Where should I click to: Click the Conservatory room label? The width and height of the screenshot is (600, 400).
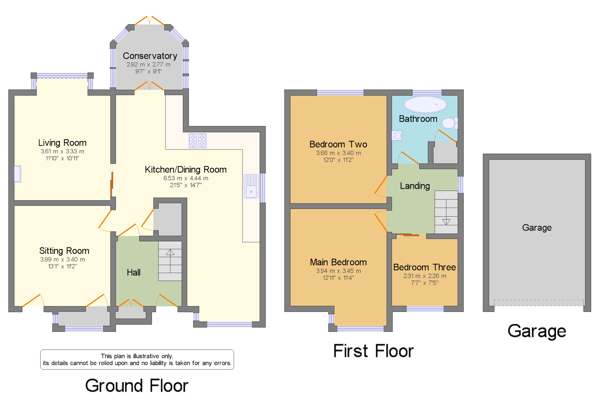[150, 56]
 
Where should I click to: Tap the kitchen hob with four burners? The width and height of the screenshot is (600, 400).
[198, 140]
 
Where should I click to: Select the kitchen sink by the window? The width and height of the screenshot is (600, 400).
[251, 186]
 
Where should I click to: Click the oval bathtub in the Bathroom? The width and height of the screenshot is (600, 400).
[425, 104]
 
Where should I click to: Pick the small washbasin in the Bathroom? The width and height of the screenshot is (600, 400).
[397, 135]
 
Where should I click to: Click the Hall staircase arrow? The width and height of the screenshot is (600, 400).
[170, 252]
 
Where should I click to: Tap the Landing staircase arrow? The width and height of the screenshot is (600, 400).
[446, 222]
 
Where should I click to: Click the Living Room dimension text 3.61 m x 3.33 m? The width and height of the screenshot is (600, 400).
[62, 151]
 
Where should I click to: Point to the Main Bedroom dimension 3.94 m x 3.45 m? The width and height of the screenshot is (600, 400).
[338, 271]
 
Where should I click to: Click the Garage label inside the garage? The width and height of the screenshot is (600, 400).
[537, 227]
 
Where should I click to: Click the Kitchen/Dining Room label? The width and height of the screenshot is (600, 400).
[186, 170]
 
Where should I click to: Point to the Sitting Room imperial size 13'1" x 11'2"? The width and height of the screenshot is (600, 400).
[62, 266]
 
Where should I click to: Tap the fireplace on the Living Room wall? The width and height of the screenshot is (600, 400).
[18, 174]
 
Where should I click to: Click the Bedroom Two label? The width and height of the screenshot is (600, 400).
[338, 144]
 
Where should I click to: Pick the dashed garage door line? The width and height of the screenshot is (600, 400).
[539, 303]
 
